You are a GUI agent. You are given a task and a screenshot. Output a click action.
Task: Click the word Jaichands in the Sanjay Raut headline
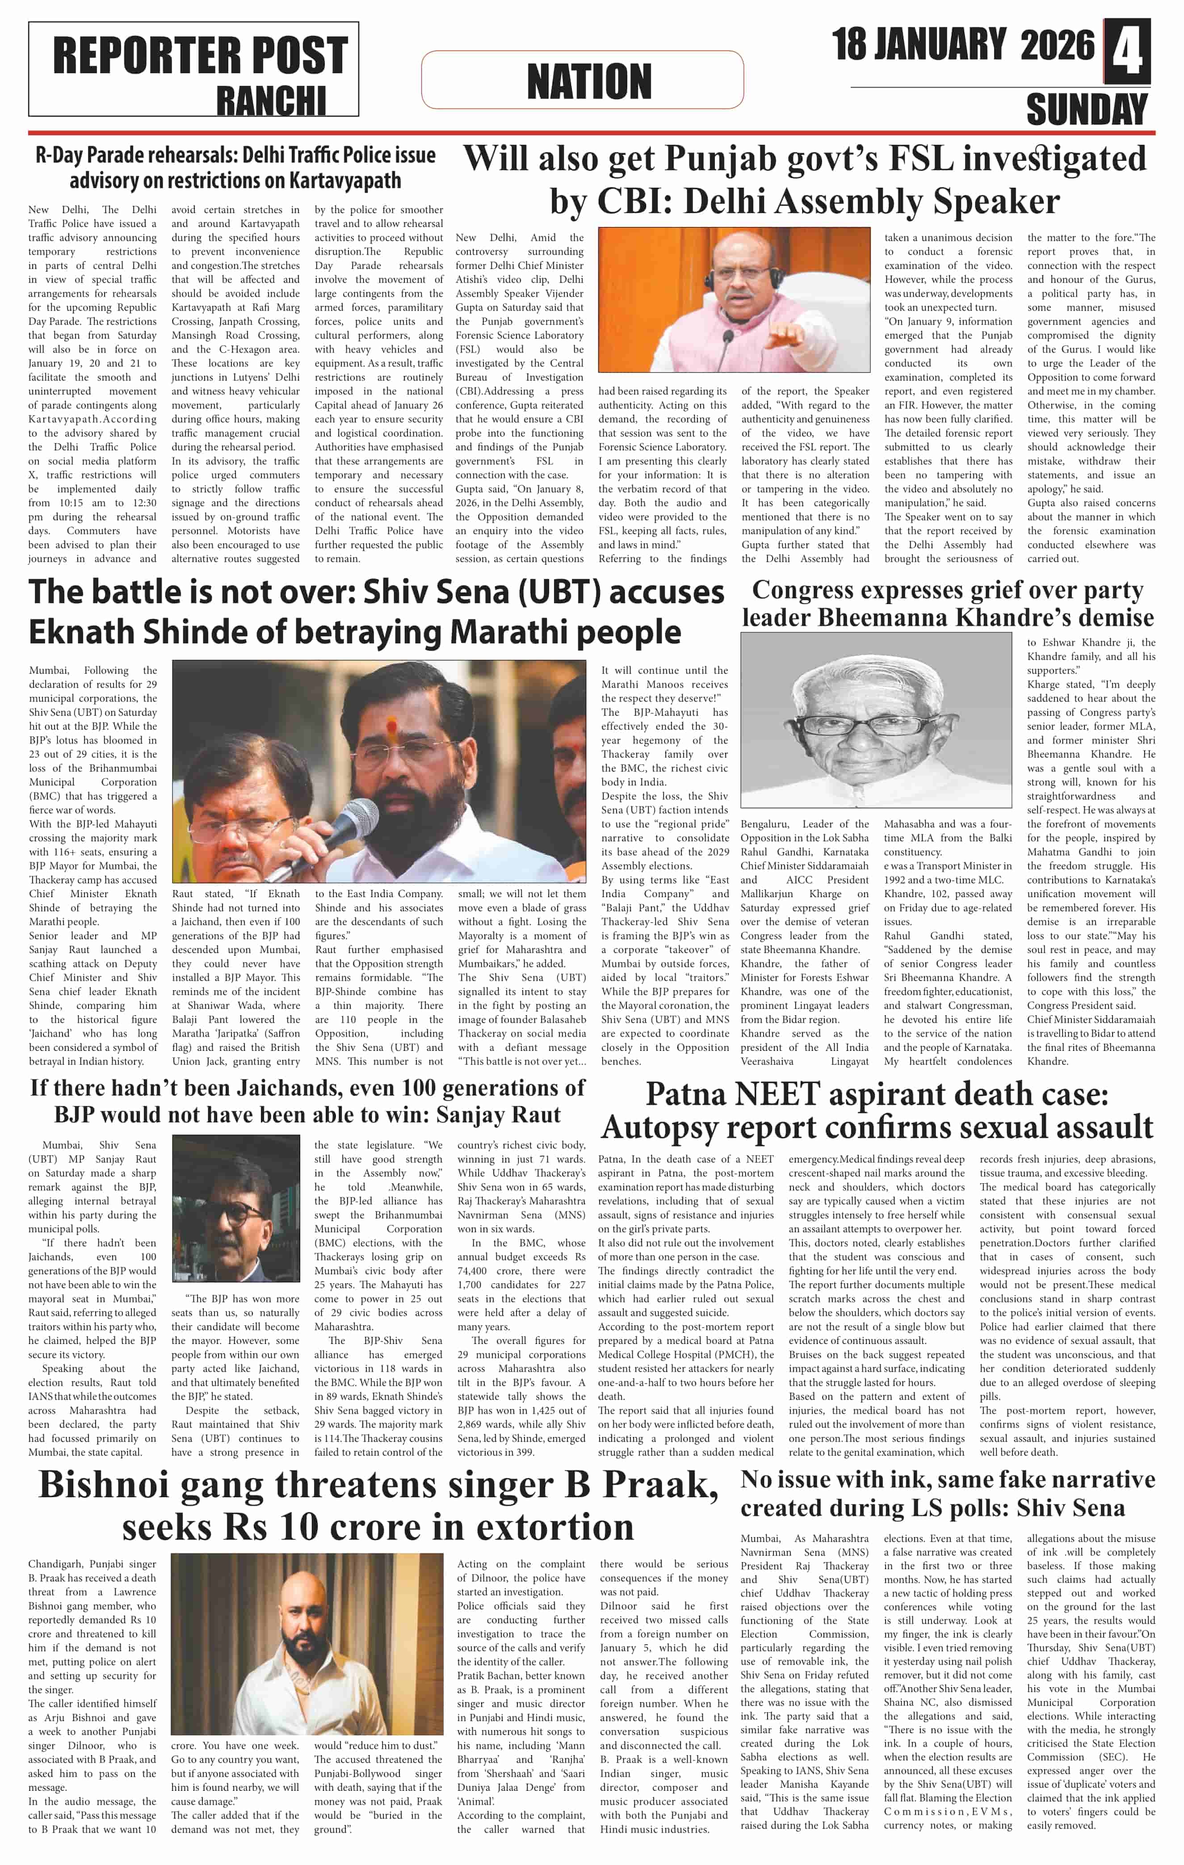tap(285, 1088)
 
